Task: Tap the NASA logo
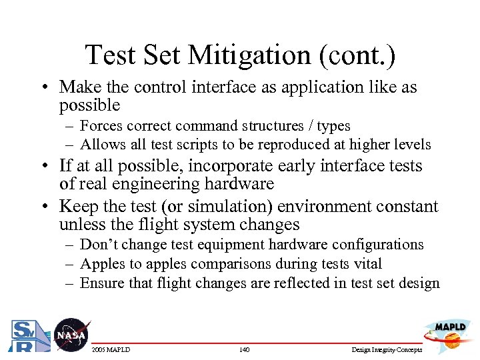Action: pyautogui.click(x=70, y=335)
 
